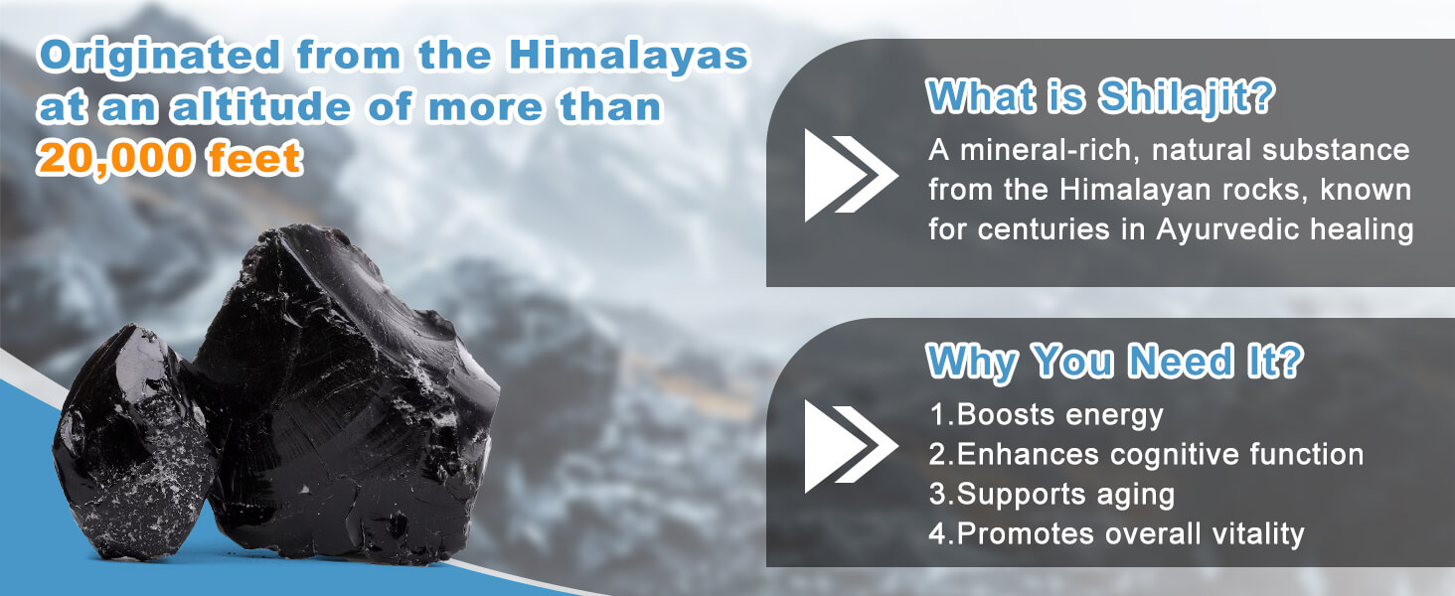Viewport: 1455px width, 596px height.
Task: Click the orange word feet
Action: [x=254, y=158]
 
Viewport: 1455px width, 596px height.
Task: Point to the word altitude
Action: [x=261, y=106]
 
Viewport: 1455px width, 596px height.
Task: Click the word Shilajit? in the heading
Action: [x=1186, y=98]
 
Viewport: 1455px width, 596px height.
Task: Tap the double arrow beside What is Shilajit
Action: [x=852, y=175]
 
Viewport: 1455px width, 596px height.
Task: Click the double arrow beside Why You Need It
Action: [x=852, y=447]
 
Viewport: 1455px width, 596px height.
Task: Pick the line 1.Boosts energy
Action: [x=1046, y=415]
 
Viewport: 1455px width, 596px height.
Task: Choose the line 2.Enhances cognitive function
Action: [x=1146, y=455]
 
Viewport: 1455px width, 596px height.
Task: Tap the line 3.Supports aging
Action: [x=1051, y=495]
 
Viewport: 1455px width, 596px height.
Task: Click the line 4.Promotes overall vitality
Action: [x=1116, y=533]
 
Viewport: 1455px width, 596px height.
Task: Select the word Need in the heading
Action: [x=1180, y=361]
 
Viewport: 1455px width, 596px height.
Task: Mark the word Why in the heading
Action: [x=971, y=363]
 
